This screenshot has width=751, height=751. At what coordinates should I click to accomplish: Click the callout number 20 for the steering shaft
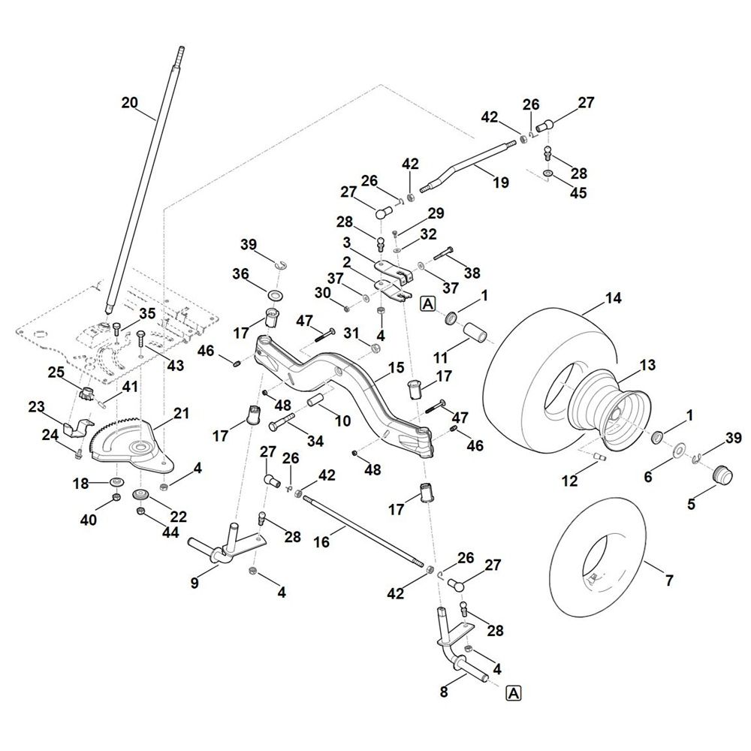coord(129,103)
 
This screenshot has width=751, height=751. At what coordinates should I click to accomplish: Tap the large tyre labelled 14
coord(526,353)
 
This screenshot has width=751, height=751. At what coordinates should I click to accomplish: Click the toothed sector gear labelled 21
coord(124,443)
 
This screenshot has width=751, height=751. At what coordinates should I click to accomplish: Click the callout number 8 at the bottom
coord(444,692)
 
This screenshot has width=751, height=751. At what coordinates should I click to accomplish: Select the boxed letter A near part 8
coord(514,692)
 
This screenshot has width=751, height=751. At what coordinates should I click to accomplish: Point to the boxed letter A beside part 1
coord(428,303)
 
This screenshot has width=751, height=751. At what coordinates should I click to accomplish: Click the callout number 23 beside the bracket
coord(38,407)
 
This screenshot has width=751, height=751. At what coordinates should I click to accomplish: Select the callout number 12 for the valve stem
coord(570,481)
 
